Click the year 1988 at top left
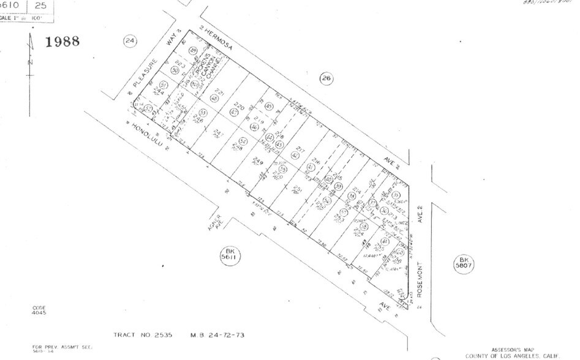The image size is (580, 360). [x=62, y=41]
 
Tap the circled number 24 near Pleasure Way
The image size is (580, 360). [x=129, y=40]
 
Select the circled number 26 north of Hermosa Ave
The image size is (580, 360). [x=326, y=78]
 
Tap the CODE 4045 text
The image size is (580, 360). [x=39, y=310]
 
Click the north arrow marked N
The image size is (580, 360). [x=30, y=61]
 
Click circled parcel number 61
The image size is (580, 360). [x=384, y=242]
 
